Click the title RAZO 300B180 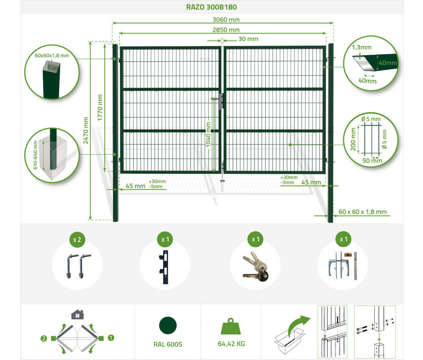click(x=211, y=7)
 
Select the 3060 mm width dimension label click(x=226, y=20)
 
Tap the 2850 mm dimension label click(x=226, y=30)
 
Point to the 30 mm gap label click(x=248, y=39)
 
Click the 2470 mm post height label click(x=86, y=130)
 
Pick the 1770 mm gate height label click(x=100, y=107)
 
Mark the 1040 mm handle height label click(x=208, y=135)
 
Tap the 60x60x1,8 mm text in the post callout click(x=52, y=56)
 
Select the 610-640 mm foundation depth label click(x=35, y=155)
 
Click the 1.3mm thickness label click(x=362, y=48)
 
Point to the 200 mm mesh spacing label click(x=354, y=139)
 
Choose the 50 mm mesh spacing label click(x=372, y=161)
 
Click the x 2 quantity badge click(x=77, y=240)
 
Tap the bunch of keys click(x=256, y=267)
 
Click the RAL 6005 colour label click(x=168, y=345)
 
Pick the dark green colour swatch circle click(x=168, y=325)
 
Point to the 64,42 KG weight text click(x=231, y=344)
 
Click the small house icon click(x=77, y=315)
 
